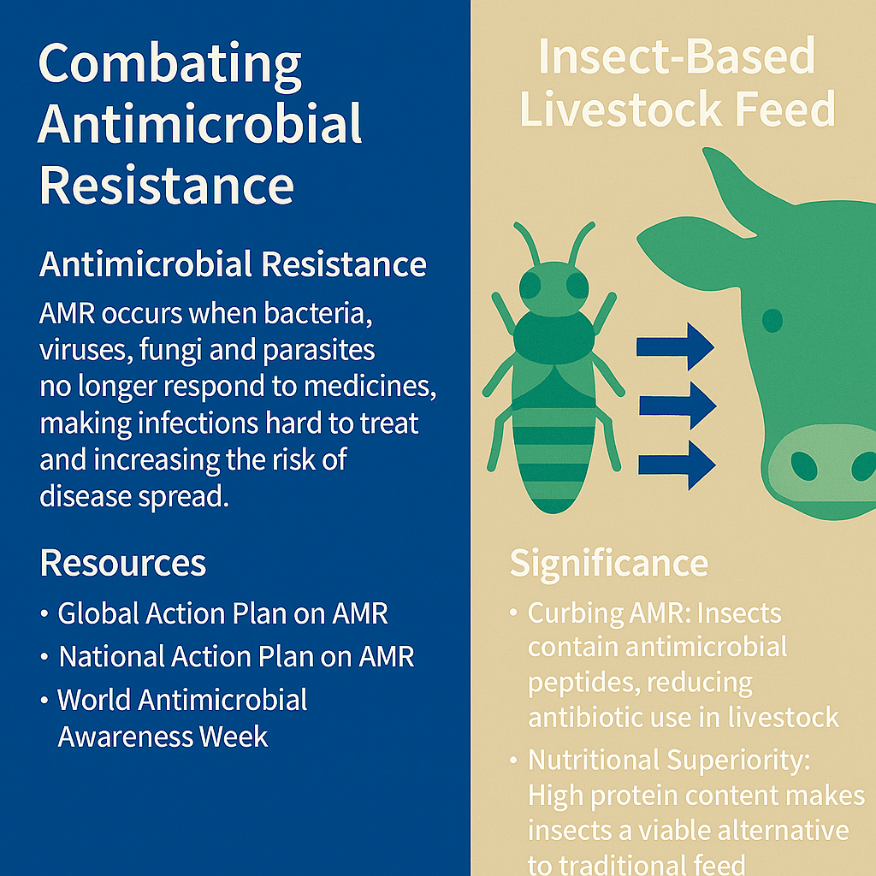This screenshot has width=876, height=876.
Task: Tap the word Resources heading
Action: [x=123, y=563]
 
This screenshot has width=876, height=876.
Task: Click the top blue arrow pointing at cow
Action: [x=675, y=346]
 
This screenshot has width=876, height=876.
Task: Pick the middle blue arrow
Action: [x=678, y=405]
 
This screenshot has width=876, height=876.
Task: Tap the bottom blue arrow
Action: [x=677, y=465]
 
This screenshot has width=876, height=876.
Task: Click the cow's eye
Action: [x=772, y=320]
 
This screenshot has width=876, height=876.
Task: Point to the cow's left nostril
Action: [x=804, y=465]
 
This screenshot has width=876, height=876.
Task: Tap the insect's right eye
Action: [x=577, y=285]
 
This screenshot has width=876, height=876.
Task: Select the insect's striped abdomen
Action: [x=553, y=459]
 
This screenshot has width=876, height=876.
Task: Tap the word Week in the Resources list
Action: [x=234, y=737]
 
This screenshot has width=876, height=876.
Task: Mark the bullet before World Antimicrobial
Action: [x=44, y=701]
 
